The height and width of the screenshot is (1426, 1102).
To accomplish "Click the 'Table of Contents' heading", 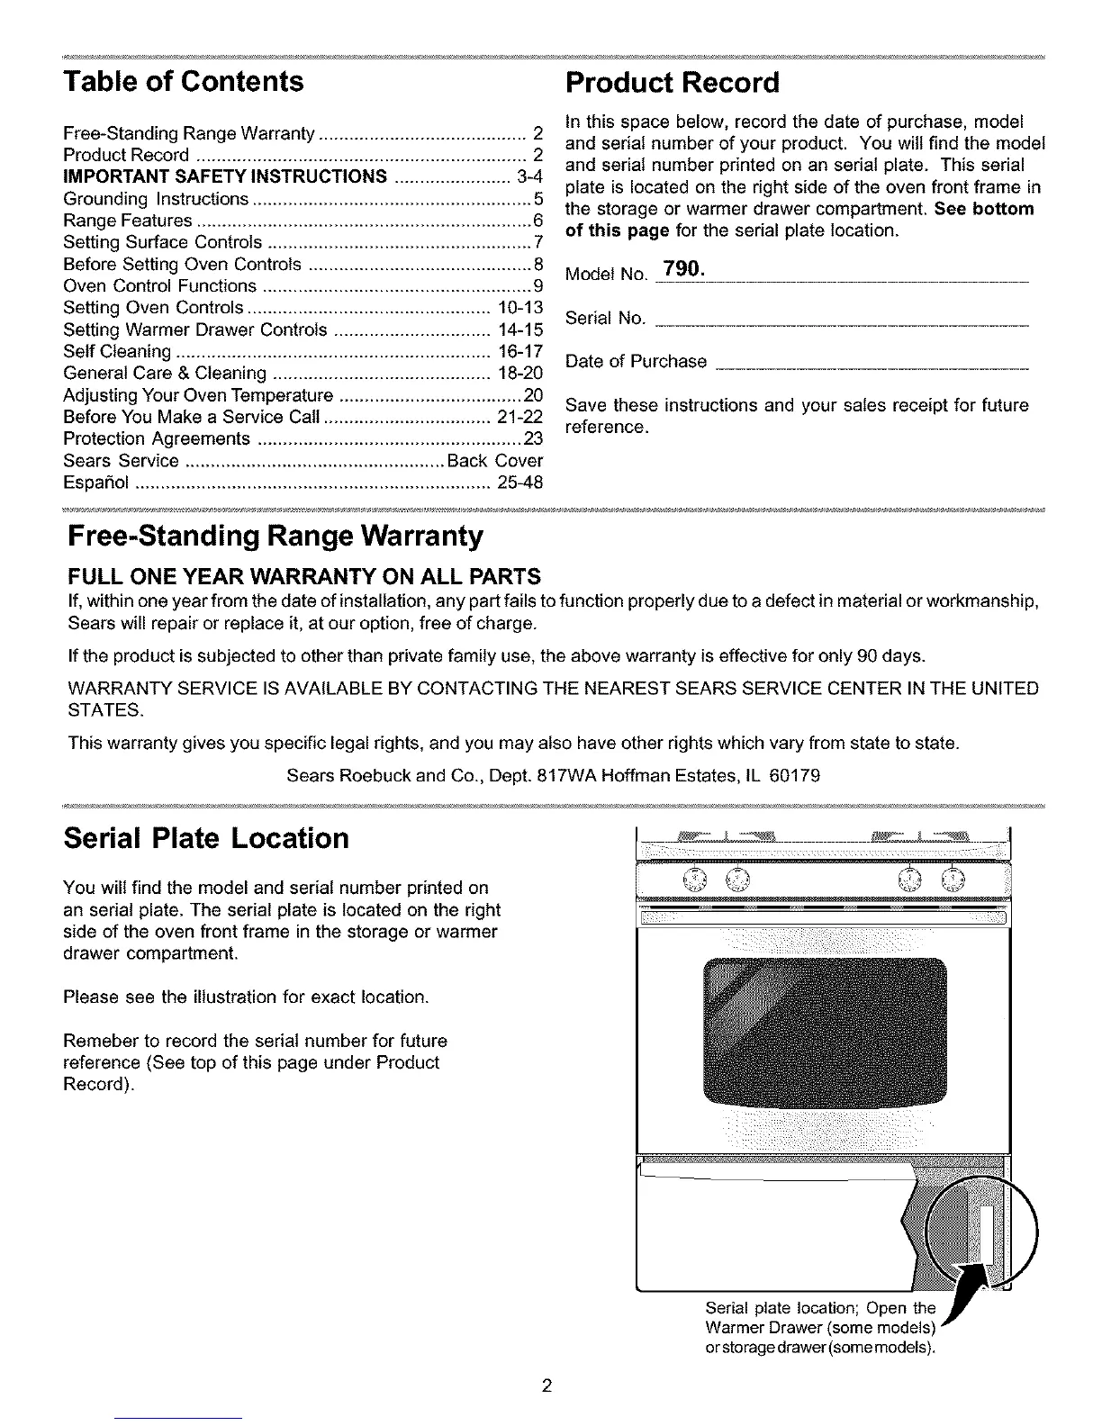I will point(184,82).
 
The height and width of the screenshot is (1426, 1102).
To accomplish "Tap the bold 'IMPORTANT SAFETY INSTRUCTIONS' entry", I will point(225,176).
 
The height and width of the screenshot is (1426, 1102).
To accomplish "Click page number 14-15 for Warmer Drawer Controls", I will point(519,329).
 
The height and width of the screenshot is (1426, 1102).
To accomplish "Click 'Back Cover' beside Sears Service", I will point(494,462).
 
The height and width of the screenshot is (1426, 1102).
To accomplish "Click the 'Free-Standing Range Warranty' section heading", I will point(275,537).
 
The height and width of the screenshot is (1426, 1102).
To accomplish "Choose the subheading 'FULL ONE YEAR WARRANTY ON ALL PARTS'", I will point(304,576).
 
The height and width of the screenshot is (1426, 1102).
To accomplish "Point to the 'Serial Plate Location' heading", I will point(206,838).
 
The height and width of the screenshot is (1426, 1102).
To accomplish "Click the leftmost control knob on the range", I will point(696,879).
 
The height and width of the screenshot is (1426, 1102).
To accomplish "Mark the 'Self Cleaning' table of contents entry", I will point(117,351).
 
